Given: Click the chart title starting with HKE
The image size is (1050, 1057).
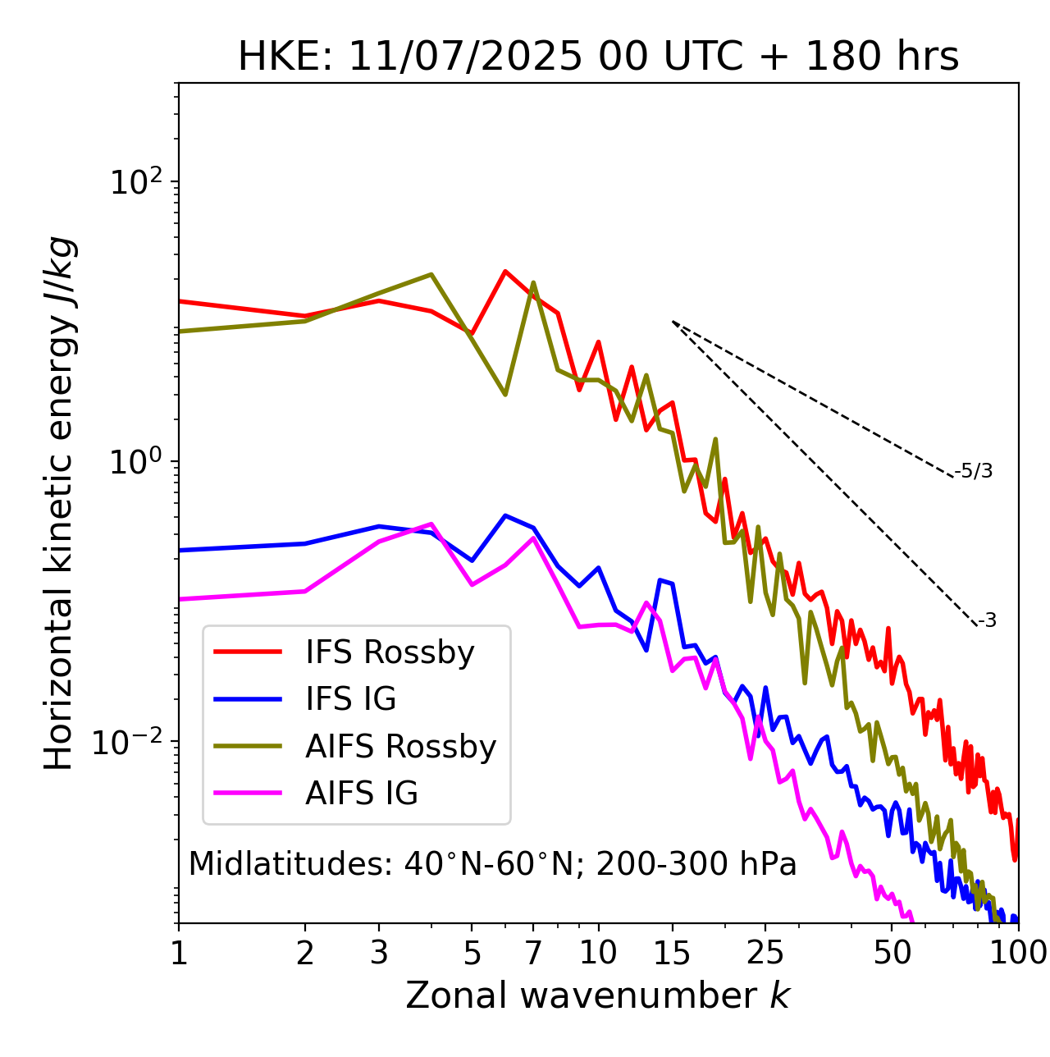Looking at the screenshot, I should point(598,57).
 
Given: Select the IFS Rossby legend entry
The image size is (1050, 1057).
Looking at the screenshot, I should point(390,652).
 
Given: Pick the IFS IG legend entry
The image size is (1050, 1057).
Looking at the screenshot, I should point(350,699).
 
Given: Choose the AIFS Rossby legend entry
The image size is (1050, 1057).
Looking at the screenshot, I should point(400,747).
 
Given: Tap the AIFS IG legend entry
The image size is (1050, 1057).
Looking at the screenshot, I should point(362,794).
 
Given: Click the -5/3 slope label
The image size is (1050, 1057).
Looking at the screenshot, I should point(974,471).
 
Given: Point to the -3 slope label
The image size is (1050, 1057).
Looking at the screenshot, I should point(987,621).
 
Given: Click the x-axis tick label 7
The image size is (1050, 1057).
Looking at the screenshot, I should point(533,953).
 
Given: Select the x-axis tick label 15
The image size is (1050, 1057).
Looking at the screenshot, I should point(672,953).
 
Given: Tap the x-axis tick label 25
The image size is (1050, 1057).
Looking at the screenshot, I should point(765,953).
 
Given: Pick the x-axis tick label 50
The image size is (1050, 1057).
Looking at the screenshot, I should point(892,953).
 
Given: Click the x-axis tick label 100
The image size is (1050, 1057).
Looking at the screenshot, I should point(1018,953).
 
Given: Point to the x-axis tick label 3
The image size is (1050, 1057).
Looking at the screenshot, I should point(378,953).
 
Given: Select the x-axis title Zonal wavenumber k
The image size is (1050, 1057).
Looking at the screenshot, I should point(598,995).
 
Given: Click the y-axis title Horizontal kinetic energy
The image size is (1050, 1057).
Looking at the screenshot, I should point(59,503).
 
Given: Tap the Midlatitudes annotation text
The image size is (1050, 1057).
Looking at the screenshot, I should point(492,864).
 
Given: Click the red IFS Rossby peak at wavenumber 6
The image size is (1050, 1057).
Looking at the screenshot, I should point(505,271).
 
